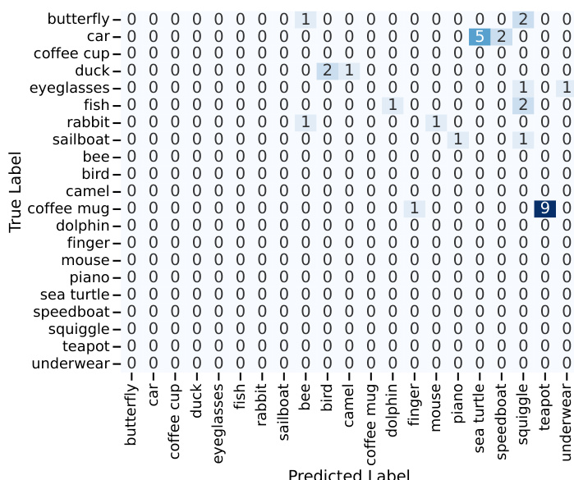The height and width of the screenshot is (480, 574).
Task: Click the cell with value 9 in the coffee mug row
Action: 544,208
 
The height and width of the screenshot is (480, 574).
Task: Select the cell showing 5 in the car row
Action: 480,37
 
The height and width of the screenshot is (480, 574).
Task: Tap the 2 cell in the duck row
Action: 328,71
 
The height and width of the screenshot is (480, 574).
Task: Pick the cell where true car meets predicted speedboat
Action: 501,37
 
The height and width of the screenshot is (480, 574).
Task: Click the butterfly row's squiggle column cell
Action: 523,20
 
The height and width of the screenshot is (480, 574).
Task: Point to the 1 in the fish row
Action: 393,105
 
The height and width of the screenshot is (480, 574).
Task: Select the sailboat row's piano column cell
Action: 457,139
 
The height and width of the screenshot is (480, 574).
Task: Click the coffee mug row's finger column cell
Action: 415,208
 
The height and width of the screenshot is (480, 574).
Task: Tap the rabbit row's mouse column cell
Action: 436,122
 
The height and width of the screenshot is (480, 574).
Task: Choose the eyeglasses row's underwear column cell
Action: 566,88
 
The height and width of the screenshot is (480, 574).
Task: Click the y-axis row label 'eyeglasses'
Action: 70,88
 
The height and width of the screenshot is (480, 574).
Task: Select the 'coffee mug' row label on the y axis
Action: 68,208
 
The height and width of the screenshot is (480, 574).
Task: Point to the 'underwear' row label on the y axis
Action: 71,363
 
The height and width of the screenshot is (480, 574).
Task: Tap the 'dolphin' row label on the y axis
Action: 83,226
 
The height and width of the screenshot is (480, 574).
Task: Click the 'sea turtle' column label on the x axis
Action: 480,418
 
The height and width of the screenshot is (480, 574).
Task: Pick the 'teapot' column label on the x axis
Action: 544,407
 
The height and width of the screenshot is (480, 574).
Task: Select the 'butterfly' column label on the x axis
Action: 131,414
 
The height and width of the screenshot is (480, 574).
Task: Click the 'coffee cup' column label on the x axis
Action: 175,421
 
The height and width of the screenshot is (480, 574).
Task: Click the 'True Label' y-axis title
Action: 16,192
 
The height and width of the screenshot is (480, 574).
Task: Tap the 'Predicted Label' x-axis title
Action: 349,474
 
